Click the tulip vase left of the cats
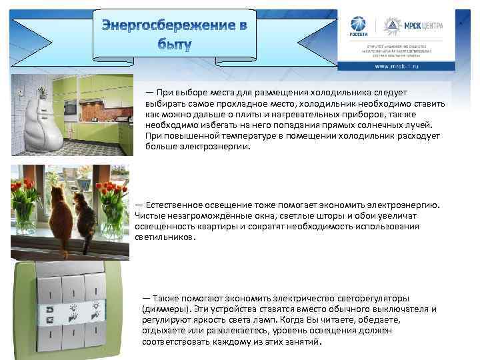click(x=25, y=207)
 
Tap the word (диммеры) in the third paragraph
click(x=166, y=309)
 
